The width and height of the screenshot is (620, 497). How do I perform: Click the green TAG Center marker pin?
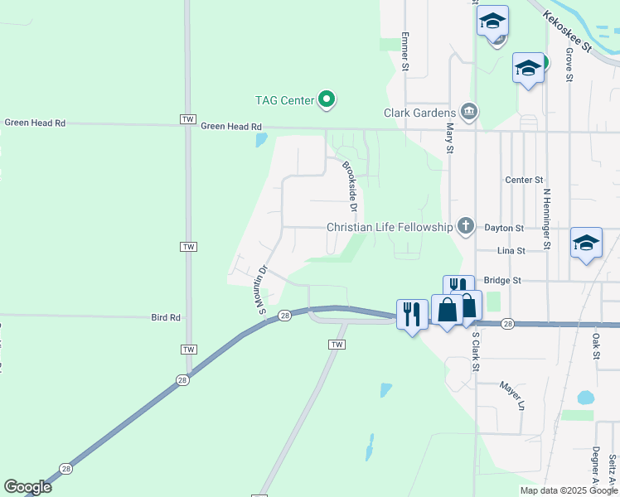coord(327,100)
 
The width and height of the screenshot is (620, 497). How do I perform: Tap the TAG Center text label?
coord(284,100)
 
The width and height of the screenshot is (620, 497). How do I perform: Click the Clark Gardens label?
coord(419,113)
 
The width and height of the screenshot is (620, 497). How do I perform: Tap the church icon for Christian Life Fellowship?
coord(466,226)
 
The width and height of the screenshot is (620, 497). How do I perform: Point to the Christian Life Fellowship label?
coord(390,227)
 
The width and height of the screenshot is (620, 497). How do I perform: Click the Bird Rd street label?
coord(166,317)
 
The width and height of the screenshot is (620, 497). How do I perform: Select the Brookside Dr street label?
coord(353,181)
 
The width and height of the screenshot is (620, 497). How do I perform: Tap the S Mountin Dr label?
coord(260,290)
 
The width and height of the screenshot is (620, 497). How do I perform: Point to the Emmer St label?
coord(405,51)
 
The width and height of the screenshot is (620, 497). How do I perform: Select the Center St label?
coord(524,180)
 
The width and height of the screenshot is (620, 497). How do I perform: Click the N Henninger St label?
coord(547,218)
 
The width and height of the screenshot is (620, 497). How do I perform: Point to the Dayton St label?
coord(504,228)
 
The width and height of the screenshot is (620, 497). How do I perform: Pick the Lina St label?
coord(511,250)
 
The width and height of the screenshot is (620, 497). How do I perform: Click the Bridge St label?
coord(504,281)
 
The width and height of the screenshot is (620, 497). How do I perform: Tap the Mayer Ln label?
coord(512,396)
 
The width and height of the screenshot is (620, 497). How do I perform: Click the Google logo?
coord(28,486)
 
